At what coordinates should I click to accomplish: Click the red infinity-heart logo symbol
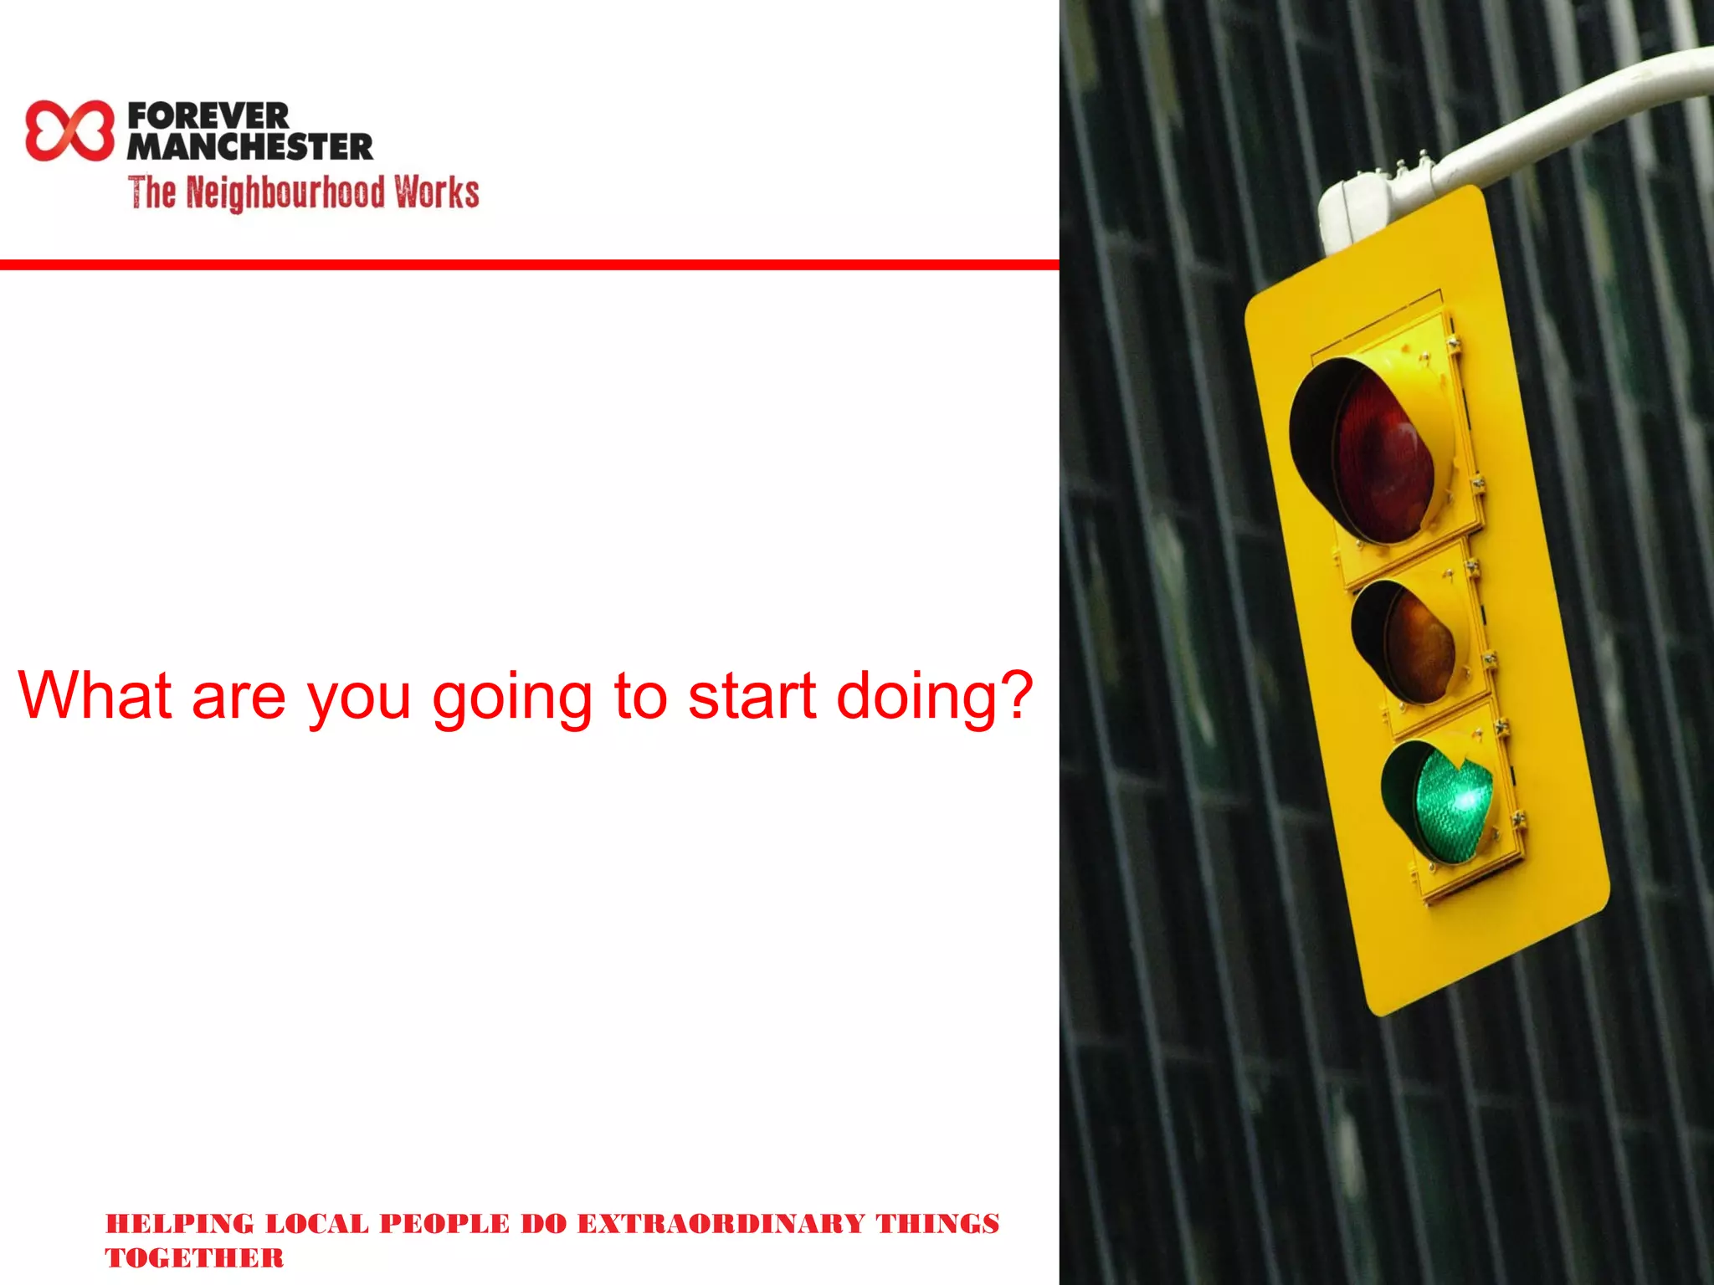tap(69, 131)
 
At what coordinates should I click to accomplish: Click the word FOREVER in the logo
tap(208, 115)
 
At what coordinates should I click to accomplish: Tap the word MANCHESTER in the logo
tap(249, 147)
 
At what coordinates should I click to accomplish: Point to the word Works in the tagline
tap(437, 192)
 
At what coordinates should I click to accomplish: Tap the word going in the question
tap(511, 699)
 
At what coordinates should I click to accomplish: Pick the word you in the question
tap(359, 699)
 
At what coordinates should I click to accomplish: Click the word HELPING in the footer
tap(179, 1223)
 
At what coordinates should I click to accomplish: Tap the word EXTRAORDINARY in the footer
tap(721, 1223)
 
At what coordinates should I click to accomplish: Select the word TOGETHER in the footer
tap(194, 1257)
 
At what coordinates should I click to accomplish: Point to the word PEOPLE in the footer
tap(444, 1223)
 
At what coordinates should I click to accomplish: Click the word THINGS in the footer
tap(937, 1223)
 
